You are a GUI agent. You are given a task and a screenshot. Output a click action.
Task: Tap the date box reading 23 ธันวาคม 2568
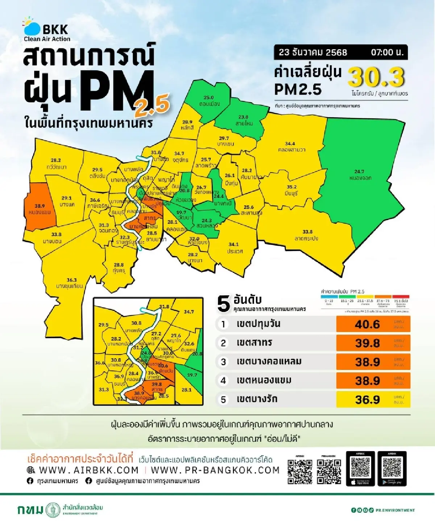[x=313, y=52]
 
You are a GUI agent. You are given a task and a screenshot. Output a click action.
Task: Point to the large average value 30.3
[x=376, y=77]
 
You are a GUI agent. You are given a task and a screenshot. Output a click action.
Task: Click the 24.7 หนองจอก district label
[x=360, y=175]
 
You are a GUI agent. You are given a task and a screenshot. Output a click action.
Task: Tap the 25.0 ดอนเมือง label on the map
[x=209, y=101]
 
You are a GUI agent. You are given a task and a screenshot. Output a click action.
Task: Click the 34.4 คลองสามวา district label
[x=290, y=147]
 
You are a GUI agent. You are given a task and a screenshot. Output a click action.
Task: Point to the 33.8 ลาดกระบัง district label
[x=307, y=235]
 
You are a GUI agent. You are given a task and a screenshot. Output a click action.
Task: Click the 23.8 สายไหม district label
[x=243, y=120]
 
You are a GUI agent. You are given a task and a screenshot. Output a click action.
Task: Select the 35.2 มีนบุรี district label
[x=291, y=190]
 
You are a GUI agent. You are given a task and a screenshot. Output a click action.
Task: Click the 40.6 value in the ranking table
[x=367, y=324]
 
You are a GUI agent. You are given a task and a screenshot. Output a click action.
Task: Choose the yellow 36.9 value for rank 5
[x=367, y=399]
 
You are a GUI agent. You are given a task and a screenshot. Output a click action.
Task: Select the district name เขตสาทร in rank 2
[x=254, y=343]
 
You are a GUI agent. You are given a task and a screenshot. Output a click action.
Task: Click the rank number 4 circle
[x=223, y=381]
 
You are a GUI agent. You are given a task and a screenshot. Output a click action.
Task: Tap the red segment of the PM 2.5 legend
[x=401, y=297]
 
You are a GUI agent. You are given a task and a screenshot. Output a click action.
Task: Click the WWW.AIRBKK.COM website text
[x=88, y=470]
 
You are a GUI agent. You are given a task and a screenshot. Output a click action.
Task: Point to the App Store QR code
[x=360, y=467]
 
